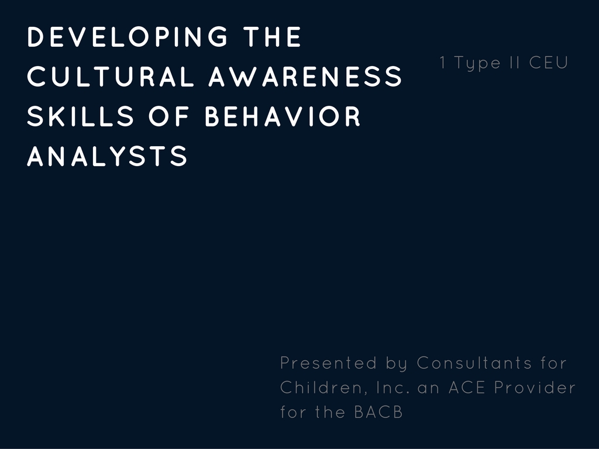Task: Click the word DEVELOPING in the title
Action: tap(128, 37)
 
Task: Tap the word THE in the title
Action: tap(273, 37)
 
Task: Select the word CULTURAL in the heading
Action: tap(111, 77)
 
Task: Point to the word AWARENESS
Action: tap(305, 77)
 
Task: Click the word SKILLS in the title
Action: tap(81, 116)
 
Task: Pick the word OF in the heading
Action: tap(169, 116)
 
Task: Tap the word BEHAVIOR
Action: tap(283, 116)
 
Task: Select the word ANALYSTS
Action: tap(108, 156)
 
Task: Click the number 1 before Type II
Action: tap(443, 63)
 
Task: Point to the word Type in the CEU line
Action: tap(477, 63)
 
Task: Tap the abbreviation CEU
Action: tap(549, 63)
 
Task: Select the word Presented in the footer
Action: tap(329, 362)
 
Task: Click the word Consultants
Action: tap(474, 362)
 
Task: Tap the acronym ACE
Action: tap(467, 388)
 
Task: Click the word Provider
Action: tap(535, 388)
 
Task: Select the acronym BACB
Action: tap(378, 412)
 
